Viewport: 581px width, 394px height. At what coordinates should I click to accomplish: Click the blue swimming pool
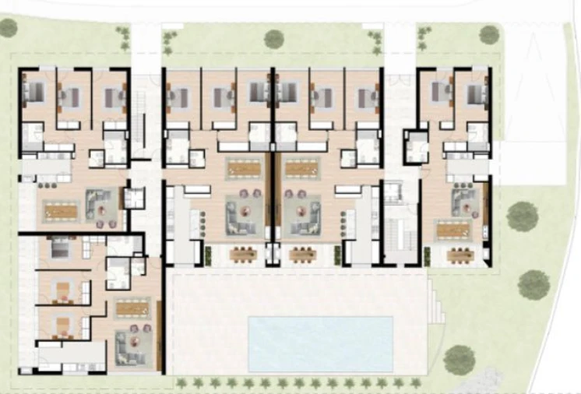click(320, 343)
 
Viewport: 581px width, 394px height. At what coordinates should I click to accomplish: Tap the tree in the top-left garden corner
click(8, 28)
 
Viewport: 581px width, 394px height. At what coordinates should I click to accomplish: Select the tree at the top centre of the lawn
click(273, 38)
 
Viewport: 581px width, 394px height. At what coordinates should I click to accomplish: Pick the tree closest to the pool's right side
click(459, 359)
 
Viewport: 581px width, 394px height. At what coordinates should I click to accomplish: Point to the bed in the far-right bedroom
click(476, 95)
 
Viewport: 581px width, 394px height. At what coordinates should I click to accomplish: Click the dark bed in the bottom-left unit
click(60, 250)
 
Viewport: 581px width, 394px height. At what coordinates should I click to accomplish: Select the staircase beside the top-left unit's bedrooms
click(141, 114)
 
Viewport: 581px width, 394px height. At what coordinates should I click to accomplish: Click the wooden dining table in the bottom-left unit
click(132, 308)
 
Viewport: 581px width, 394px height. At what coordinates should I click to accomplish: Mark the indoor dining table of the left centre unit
click(244, 167)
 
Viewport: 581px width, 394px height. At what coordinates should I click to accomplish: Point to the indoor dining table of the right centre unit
click(301, 167)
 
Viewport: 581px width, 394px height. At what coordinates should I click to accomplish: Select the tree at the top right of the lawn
click(489, 34)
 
